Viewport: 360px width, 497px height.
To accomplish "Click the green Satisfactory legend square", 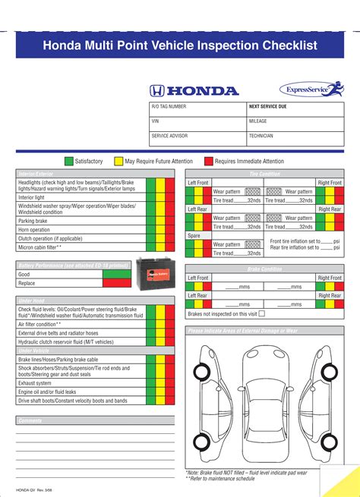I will point(69,161).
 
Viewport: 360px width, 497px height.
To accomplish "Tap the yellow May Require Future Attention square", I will point(118,161).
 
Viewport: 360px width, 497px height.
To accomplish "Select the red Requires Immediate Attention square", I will point(209,161).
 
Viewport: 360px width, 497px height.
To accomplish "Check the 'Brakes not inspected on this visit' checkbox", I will point(262,313).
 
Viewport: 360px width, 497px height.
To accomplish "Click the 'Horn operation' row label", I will point(34,229).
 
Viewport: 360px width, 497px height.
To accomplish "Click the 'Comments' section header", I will point(30,420).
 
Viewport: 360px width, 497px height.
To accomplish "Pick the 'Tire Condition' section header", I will point(264,174).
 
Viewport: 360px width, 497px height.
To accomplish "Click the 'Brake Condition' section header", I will point(264,269).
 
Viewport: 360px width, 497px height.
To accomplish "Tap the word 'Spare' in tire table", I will point(195,236).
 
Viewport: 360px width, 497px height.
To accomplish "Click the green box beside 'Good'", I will point(117,274).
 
